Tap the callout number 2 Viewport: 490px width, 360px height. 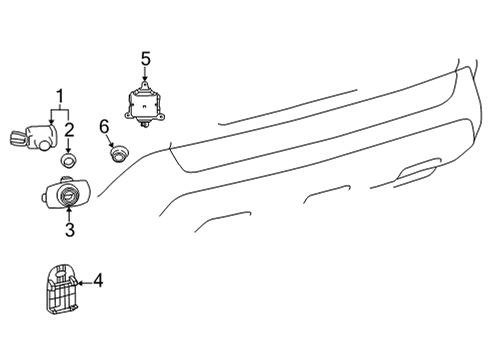coord(68,129)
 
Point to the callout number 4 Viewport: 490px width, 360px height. coord(97,282)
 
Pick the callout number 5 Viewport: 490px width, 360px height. coord(145,60)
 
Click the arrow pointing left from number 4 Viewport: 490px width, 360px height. coord(82,283)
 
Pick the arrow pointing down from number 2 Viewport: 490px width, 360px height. coord(68,143)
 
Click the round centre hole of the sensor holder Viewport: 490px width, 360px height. coord(68,195)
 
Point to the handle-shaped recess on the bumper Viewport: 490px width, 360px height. coord(419,173)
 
